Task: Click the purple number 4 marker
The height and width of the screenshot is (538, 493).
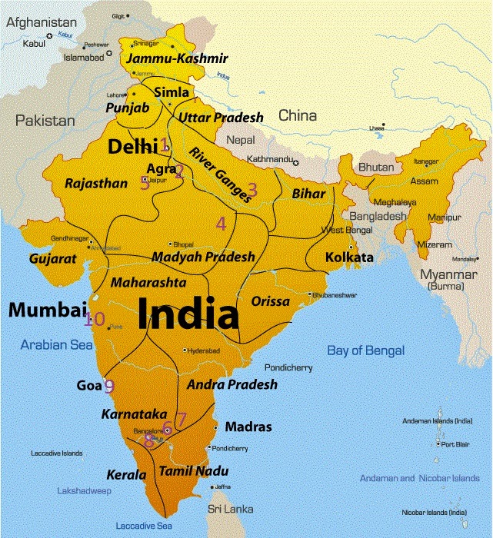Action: (222, 224)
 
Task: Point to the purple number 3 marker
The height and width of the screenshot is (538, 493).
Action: (251, 186)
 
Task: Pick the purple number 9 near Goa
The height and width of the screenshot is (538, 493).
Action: (109, 387)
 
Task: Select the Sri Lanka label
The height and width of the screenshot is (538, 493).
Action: (228, 509)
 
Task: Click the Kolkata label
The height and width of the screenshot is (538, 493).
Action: (349, 257)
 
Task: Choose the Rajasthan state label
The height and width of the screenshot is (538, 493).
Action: (96, 184)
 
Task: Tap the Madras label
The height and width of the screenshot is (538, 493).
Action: (248, 427)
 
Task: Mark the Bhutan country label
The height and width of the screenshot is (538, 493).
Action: (376, 167)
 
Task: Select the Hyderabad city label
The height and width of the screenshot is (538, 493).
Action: (203, 350)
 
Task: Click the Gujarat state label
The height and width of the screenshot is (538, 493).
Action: (53, 259)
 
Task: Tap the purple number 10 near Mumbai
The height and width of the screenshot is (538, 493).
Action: (95, 319)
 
